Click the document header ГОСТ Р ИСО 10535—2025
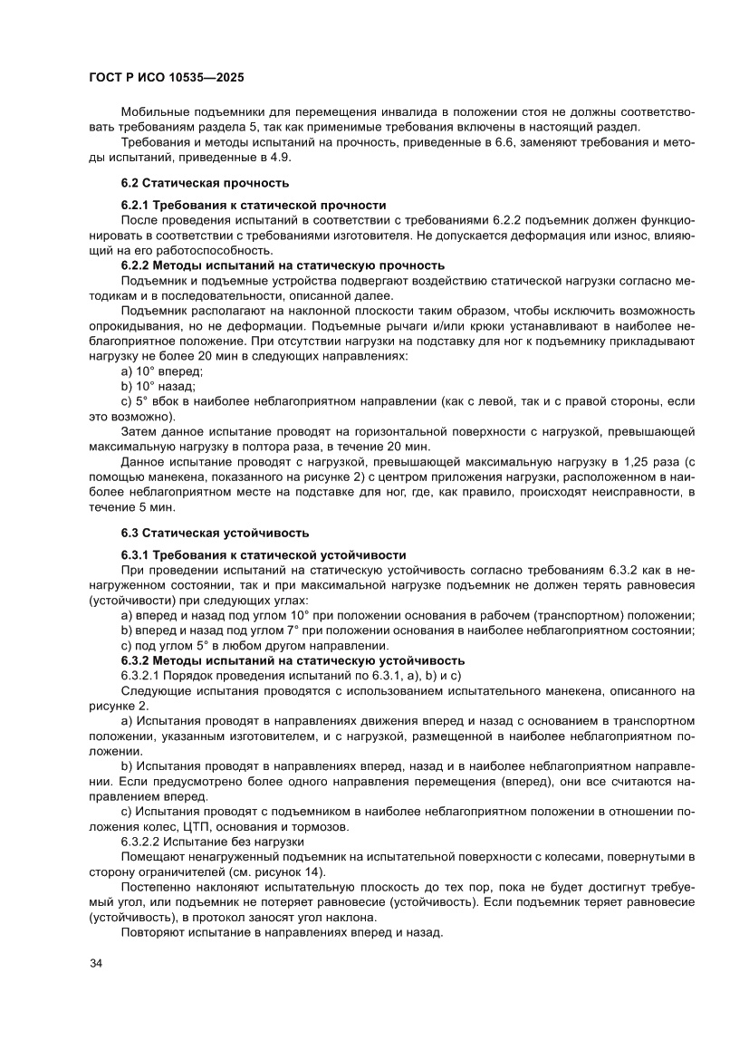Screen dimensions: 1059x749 coord(167,79)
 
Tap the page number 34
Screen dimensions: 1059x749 coord(96,962)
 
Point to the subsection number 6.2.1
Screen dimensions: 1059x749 coord(139,206)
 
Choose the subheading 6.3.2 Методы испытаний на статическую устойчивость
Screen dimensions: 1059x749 coord(293,660)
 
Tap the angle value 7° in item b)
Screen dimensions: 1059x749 coord(292,631)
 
